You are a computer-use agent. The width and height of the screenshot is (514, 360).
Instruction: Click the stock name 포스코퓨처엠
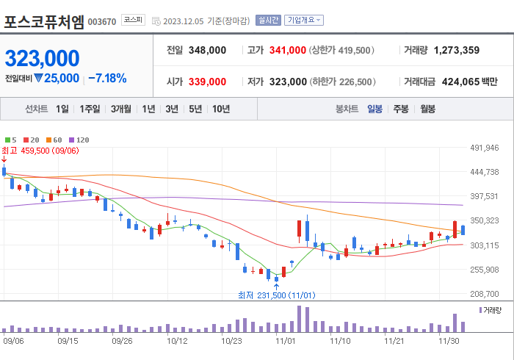click(44, 21)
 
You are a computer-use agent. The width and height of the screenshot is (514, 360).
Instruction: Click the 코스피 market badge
click(133, 20)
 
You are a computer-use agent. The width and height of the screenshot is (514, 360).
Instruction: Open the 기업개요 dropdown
click(304, 20)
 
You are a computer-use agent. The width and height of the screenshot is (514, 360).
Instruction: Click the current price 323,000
click(43, 58)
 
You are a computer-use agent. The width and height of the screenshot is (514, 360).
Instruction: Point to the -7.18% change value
click(107, 78)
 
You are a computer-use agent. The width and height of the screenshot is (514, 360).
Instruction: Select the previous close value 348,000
click(207, 51)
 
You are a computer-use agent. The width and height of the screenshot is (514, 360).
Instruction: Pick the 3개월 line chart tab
click(121, 109)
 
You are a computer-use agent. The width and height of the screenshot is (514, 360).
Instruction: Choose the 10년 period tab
click(220, 109)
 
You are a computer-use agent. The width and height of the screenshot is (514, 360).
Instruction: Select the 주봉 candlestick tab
click(400, 109)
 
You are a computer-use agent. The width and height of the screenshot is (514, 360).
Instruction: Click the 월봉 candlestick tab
click(427, 109)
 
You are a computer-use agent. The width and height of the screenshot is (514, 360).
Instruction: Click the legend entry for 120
click(79, 140)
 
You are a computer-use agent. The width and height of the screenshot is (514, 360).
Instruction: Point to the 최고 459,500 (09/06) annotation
click(40, 151)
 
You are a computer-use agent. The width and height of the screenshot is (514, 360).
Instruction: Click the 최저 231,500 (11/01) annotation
click(276, 295)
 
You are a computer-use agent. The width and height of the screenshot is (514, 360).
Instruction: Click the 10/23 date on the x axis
click(232, 341)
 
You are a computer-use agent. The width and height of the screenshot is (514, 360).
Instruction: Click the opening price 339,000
click(207, 82)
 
